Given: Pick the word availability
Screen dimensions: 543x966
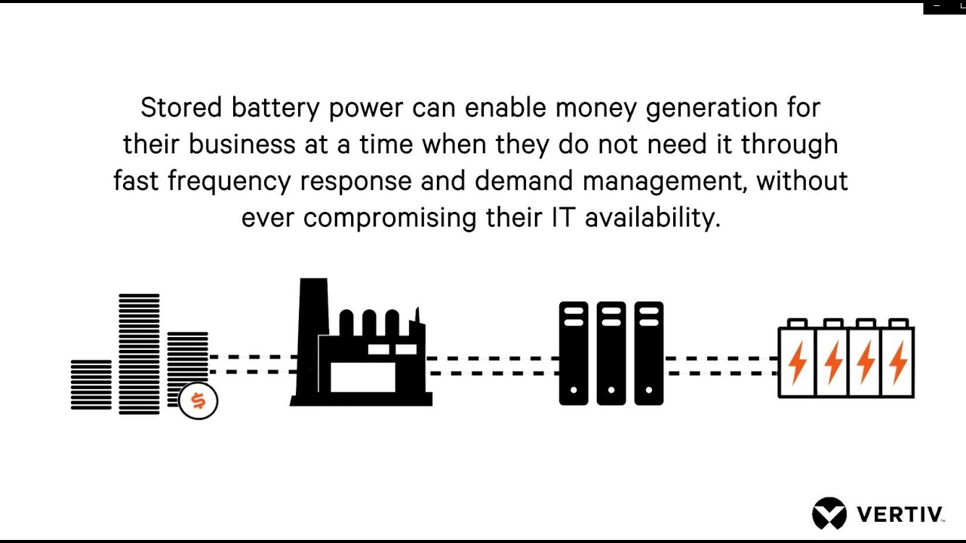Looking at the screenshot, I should tap(653, 218).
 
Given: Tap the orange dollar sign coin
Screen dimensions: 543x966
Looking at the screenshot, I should tap(198, 400).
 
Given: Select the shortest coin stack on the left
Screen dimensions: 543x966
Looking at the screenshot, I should tap(91, 385).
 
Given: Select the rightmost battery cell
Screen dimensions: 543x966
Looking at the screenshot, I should tap(898, 360).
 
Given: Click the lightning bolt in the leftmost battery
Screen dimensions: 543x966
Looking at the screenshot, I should tap(797, 362).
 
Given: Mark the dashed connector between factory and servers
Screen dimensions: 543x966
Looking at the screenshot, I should tap(494, 366).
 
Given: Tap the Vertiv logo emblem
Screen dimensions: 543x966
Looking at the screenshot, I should tap(829, 514).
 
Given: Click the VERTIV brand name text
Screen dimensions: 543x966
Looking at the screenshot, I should tap(900, 515).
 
